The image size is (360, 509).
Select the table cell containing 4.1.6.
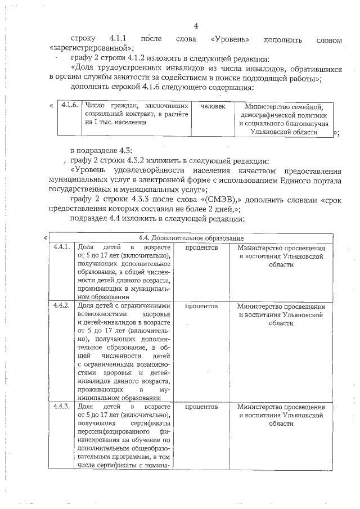(69, 106)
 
